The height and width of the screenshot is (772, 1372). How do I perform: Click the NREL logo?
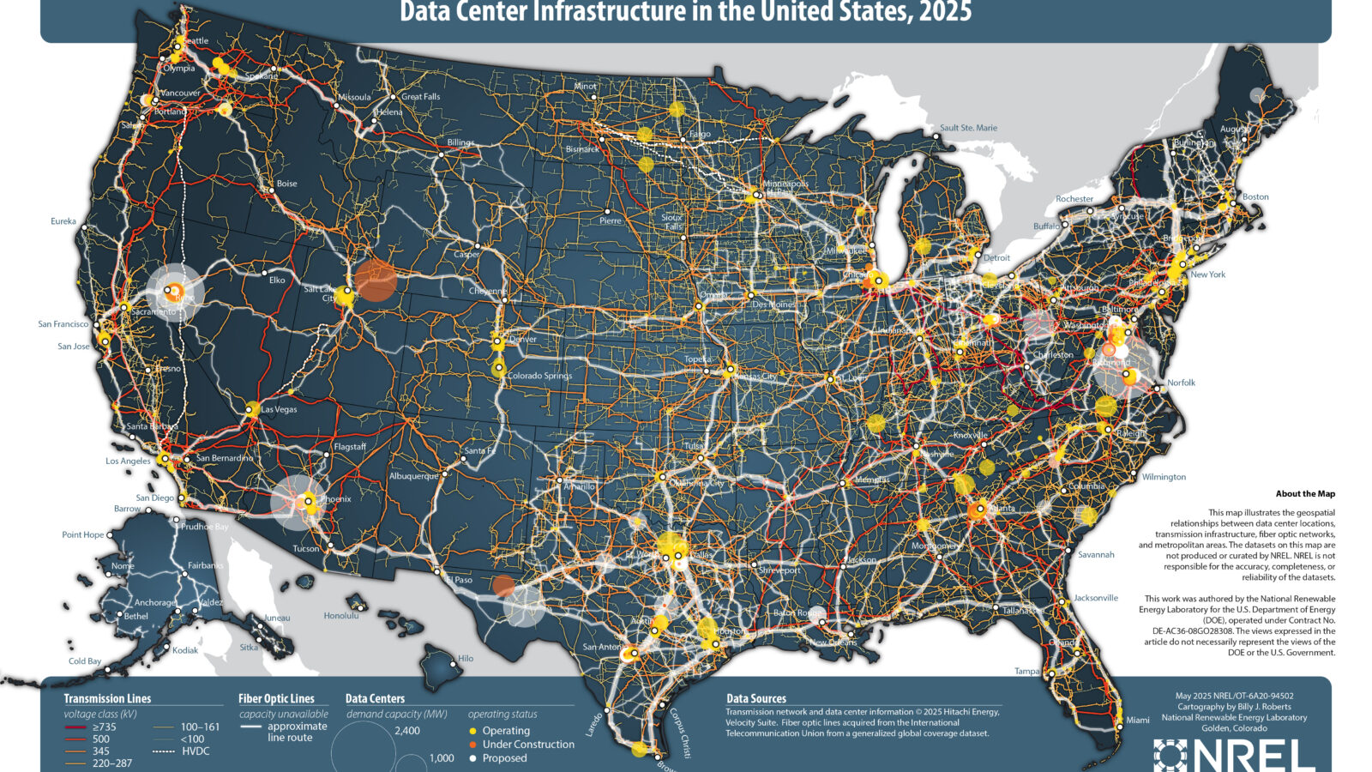pos(1235,755)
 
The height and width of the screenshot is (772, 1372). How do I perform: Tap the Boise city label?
pos(286,184)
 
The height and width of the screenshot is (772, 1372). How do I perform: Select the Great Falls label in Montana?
pos(420,97)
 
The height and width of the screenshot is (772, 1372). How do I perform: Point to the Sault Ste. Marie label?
pos(968,128)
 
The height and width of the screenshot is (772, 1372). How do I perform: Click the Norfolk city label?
pos(1181,383)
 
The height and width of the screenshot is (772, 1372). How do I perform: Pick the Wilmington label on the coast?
pos(1164,477)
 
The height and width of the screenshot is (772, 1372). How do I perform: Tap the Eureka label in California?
pos(63,221)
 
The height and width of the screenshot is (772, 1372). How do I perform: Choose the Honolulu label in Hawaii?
pos(340,616)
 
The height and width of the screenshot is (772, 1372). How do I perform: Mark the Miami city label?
pos(1138,720)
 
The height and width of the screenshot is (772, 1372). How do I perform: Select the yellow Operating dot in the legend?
pos(472,731)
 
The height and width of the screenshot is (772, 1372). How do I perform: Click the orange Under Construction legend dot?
pos(472,745)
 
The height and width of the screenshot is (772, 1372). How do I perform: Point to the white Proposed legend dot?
pos(472,758)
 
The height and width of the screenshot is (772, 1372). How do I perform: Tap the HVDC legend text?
pos(196,751)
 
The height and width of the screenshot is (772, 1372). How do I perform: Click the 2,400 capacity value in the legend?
pos(407,731)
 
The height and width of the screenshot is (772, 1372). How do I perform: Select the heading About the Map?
pos(1304,494)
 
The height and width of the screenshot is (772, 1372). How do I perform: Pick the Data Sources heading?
pos(755,699)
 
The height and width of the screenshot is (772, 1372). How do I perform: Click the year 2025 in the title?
pos(942,13)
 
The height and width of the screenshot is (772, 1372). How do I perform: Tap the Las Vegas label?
pos(279,410)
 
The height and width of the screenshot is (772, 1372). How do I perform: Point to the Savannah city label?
pos(1096,555)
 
